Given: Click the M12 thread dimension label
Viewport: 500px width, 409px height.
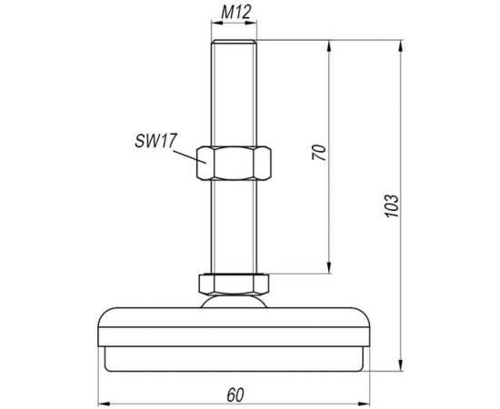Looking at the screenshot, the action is click(x=236, y=12).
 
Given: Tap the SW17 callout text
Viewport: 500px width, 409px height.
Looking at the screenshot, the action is click(x=155, y=141).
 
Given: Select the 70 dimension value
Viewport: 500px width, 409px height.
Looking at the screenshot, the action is click(x=319, y=153).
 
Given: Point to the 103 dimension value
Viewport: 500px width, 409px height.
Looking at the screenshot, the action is click(x=392, y=205).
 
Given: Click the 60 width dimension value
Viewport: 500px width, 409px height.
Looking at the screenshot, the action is click(x=235, y=395).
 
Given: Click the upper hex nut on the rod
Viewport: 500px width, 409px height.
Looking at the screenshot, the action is click(x=234, y=163).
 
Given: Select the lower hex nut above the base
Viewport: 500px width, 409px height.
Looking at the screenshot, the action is click(x=234, y=284).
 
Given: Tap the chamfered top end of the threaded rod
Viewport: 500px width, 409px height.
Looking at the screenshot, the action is click(x=234, y=42).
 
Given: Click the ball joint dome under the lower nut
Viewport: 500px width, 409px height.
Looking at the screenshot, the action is click(x=234, y=301).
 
